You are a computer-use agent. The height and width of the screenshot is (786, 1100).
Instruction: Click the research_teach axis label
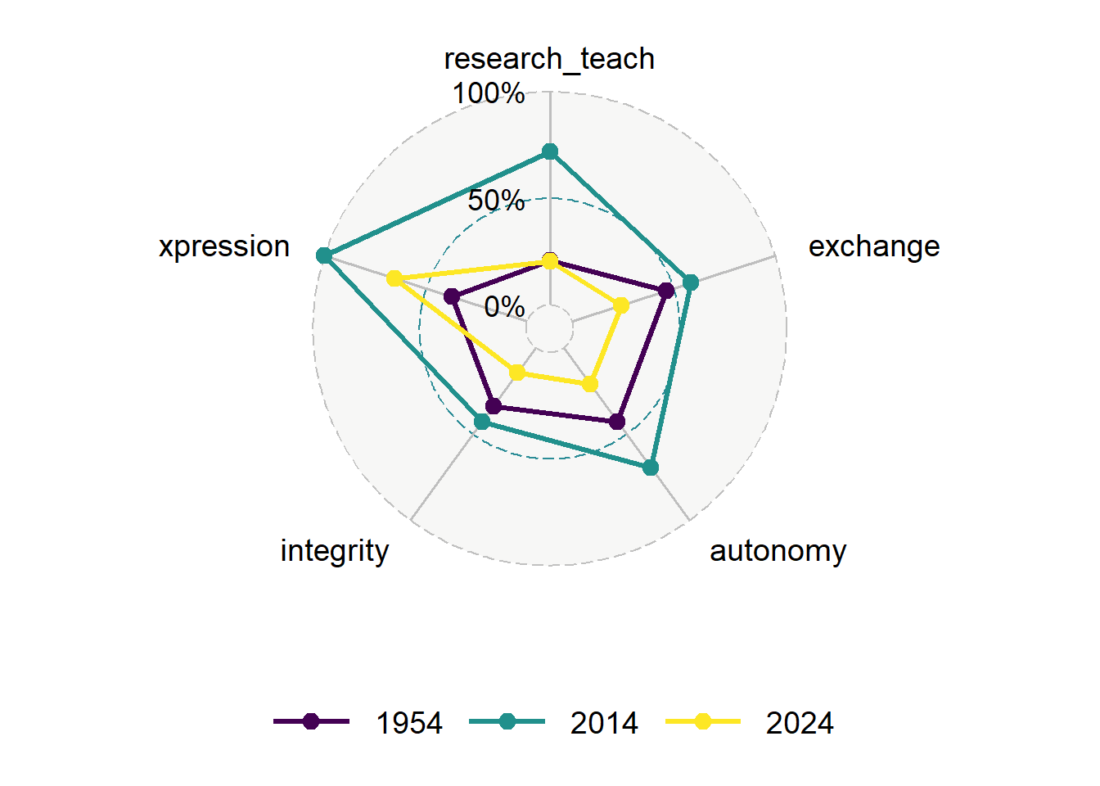[549, 59]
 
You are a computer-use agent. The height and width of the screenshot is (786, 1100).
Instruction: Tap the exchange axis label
[874, 246]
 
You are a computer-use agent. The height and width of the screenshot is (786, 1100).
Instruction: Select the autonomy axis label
[778, 551]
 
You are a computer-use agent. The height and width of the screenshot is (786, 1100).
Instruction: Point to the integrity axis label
[334, 551]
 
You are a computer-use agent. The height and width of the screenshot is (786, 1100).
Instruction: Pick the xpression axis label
[224, 246]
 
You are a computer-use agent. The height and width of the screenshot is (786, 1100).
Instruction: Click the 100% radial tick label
[489, 93]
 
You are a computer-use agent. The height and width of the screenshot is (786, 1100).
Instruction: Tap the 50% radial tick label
[496, 200]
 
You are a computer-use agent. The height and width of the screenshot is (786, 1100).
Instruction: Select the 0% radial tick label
[504, 307]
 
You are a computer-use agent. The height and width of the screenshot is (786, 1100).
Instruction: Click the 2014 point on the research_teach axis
[550, 151]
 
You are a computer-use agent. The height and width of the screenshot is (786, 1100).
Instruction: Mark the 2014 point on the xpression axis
[324, 255]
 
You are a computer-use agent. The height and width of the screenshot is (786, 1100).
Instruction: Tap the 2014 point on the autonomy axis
[651, 468]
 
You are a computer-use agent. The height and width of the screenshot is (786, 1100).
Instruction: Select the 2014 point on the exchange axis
[691, 282]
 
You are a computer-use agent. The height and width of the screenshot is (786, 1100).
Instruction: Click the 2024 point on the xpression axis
[394, 278]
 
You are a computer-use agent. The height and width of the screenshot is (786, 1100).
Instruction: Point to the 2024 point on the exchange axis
[621, 305]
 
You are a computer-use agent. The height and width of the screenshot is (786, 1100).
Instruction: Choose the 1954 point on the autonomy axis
[617, 422]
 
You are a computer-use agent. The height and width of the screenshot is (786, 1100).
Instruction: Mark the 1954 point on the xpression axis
[451, 296]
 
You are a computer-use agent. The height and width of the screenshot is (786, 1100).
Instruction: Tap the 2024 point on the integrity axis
[516, 373]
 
